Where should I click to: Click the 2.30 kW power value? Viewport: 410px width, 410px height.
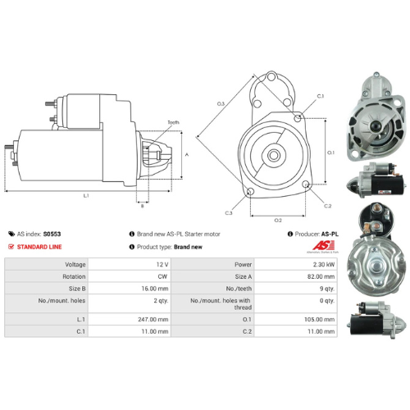pyautogui.click(x=323, y=265)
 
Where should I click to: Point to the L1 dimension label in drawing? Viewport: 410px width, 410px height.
pyautogui.click(x=86, y=196)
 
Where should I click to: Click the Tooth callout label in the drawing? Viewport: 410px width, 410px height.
pyautogui.click(x=173, y=122)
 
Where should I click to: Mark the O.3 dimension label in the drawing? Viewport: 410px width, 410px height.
pyautogui.click(x=221, y=104)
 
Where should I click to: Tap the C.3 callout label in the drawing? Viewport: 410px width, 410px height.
pyautogui.click(x=228, y=213)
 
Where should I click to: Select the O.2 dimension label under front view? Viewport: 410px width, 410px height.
pyautogui.click(x=278, y=220)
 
